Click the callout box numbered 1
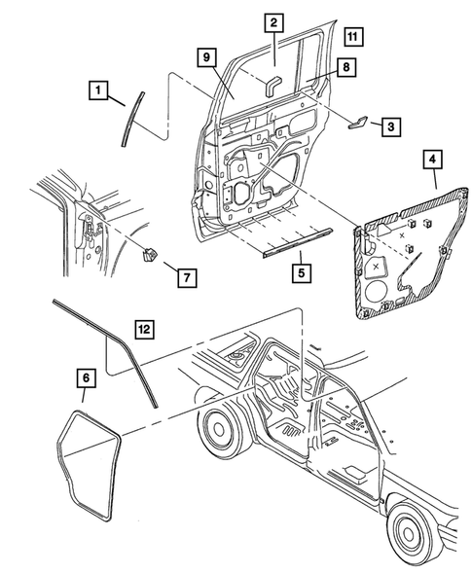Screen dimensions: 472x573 tap(98, 90)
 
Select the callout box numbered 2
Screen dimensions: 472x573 tap(274, 23)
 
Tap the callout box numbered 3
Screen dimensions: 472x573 tap(391, 126)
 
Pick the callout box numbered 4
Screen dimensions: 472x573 tap(433, 159)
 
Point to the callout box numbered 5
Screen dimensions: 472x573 tap(302, 273)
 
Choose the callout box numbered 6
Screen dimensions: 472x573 tap(86, 377)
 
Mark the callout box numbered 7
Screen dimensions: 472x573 tap(187, 277)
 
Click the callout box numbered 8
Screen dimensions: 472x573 tap(346, 67)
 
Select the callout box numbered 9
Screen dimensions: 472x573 tap(207, 57)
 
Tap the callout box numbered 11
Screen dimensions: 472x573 tap(353, 37)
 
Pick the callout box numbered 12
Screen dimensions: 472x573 tap(145, 329)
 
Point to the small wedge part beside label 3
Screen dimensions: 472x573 tap(357, 123)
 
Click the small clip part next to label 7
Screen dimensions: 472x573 tap(149, 254)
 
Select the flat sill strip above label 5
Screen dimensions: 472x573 tap(298, 242)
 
